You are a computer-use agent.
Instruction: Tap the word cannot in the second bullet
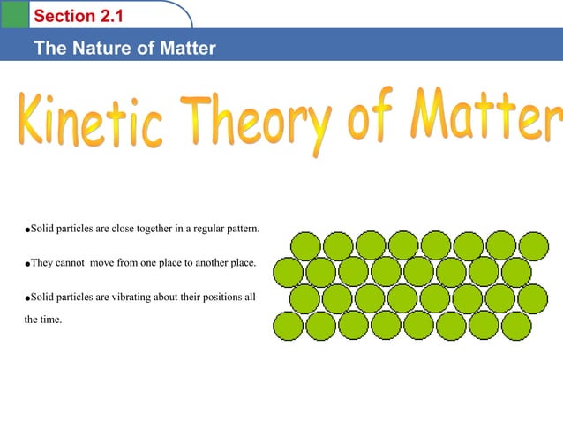pos(75,264)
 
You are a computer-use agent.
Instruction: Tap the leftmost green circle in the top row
pos(306,247)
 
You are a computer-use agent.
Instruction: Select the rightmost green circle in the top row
pos(534,246)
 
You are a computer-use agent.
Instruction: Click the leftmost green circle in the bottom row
pos(291,327)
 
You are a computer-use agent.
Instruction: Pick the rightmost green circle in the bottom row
pos(516,327)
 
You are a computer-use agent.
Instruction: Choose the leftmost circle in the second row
pos(289,273)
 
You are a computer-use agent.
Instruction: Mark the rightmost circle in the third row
pos(533,299)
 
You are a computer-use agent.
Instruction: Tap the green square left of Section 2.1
pos(14,14)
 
